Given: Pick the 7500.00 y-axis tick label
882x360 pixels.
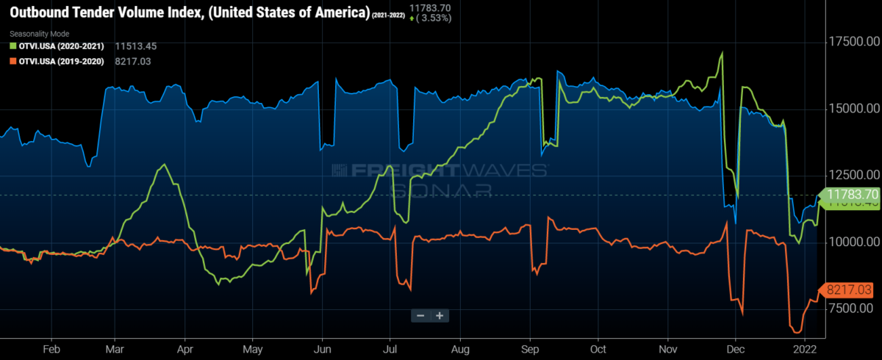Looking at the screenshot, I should click(x=853, y=309).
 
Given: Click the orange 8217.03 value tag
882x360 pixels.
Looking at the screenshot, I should click(x=850, y=290).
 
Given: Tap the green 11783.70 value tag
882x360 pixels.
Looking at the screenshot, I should click(x=851, y=195).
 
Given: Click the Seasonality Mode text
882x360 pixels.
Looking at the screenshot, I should click(x=38, y=34).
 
